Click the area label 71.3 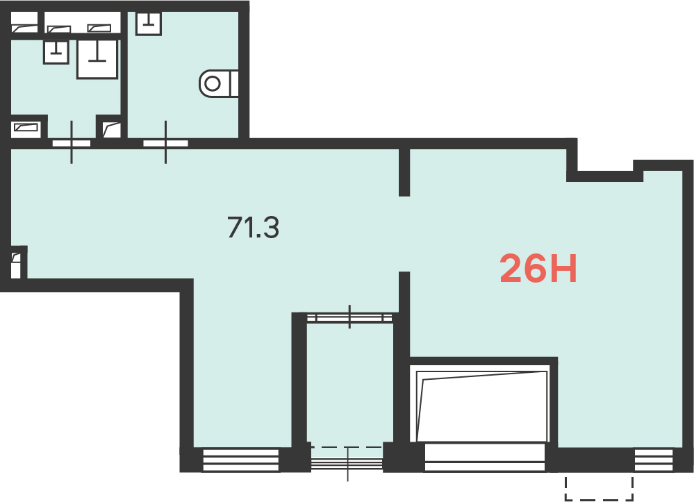coord(253,227)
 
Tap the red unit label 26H coord(538,268)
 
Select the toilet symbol coord(219,83)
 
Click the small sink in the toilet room coord(148,22)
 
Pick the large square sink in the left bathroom coord(97,59)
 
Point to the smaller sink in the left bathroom coord(56,52)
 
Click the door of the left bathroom coord(72,143)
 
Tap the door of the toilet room coord(165,143)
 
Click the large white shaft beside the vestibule coord(482,403)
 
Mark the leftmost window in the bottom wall coord(241,460)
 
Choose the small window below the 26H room coord(653,460)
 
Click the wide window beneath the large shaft coord(485,458)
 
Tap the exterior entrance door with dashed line coord(347,462)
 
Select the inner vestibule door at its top coord(349,317)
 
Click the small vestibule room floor coord(349,384)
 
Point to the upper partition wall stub coord(404,172)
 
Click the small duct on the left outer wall coord(15,265)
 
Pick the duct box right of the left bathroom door coord(112,130)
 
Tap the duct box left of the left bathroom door coord(26,128)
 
